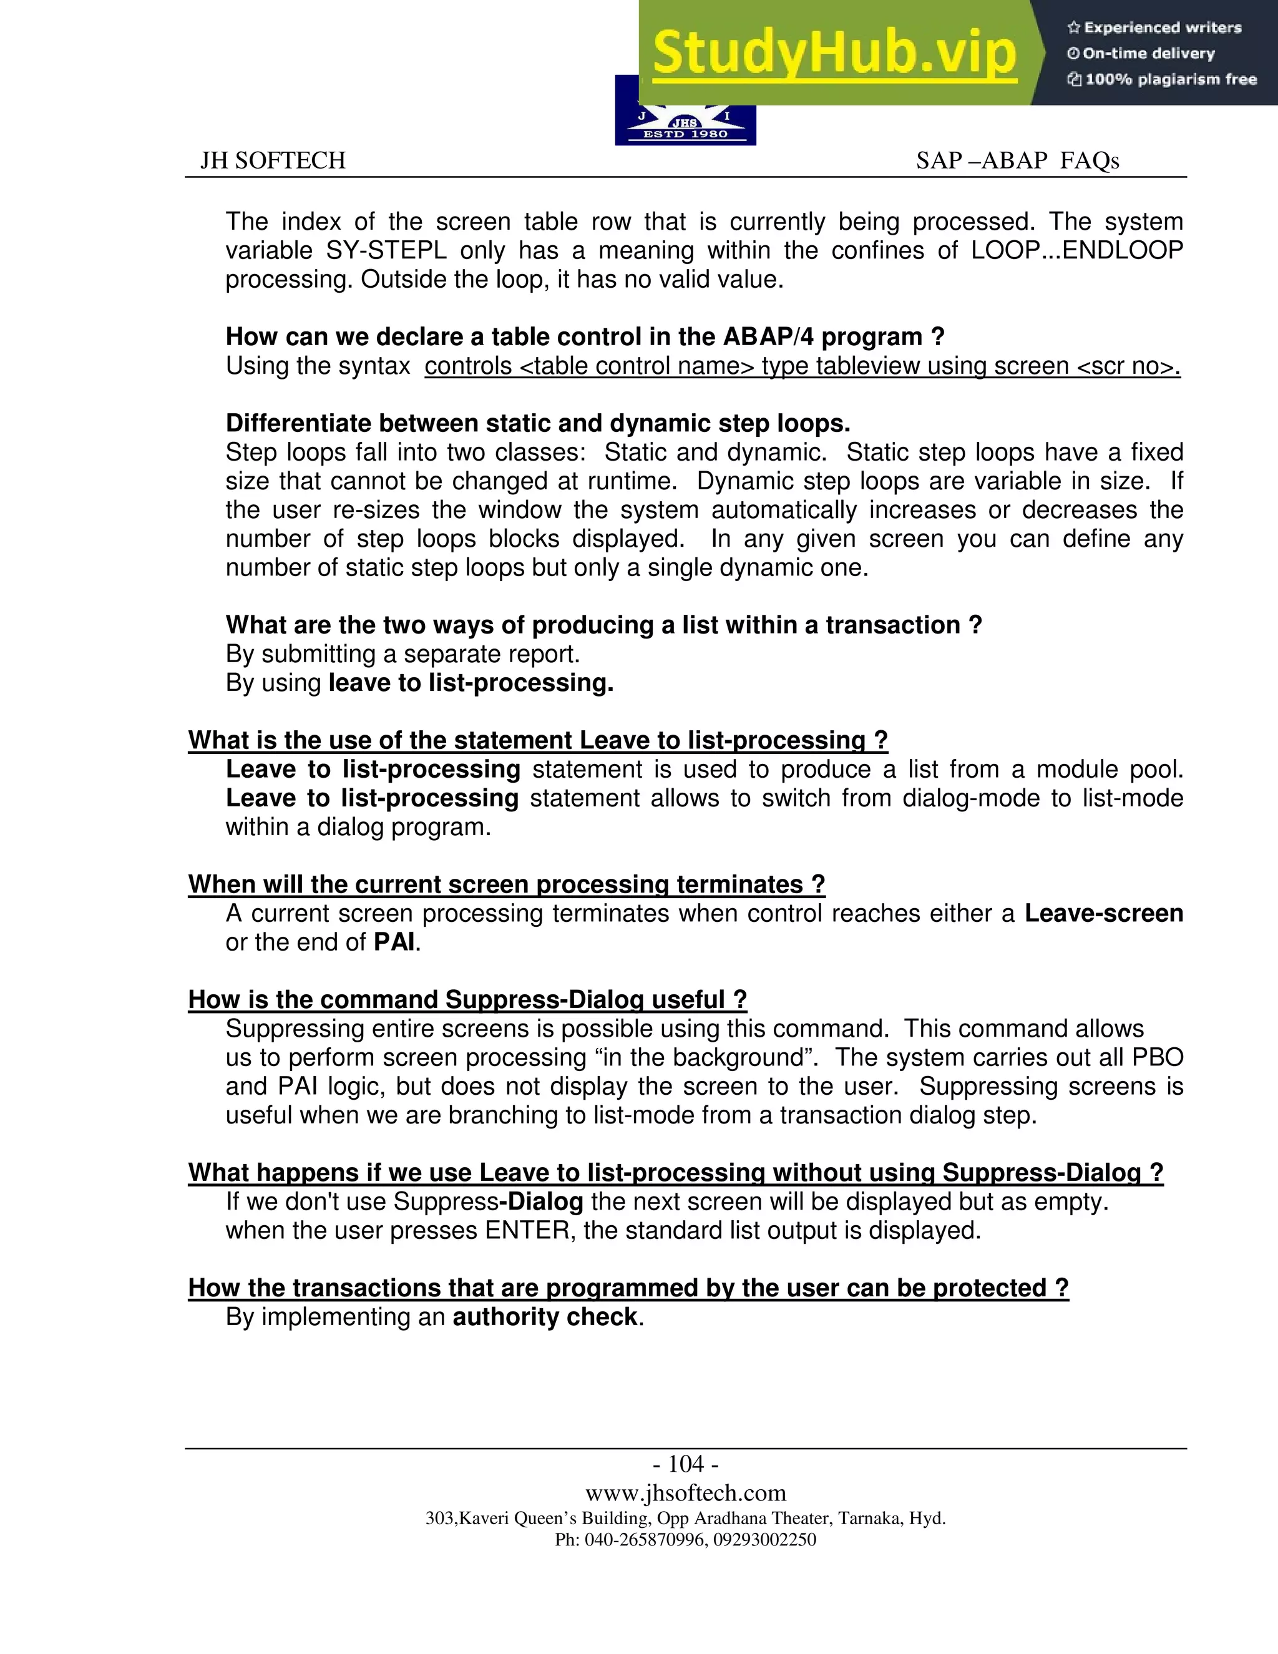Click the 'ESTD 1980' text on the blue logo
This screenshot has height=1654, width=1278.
point(685,134)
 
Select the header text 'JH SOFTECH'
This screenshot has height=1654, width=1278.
point(273,160)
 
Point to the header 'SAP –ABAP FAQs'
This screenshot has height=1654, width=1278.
point(1017,160)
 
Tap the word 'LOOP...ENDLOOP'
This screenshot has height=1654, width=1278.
point(1076,251)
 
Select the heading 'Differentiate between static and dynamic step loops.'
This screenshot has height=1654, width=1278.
point(537,423)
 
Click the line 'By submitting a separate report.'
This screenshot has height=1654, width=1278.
point(402,653)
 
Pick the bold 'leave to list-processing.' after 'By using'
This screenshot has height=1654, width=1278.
point(471,683)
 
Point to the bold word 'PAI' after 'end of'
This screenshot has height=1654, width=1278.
point(394,943)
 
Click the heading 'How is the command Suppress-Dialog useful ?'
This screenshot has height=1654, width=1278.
point(467,1000)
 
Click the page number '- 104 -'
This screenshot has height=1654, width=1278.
point(685,1463)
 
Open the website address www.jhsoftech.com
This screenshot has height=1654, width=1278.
point(685,1493)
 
